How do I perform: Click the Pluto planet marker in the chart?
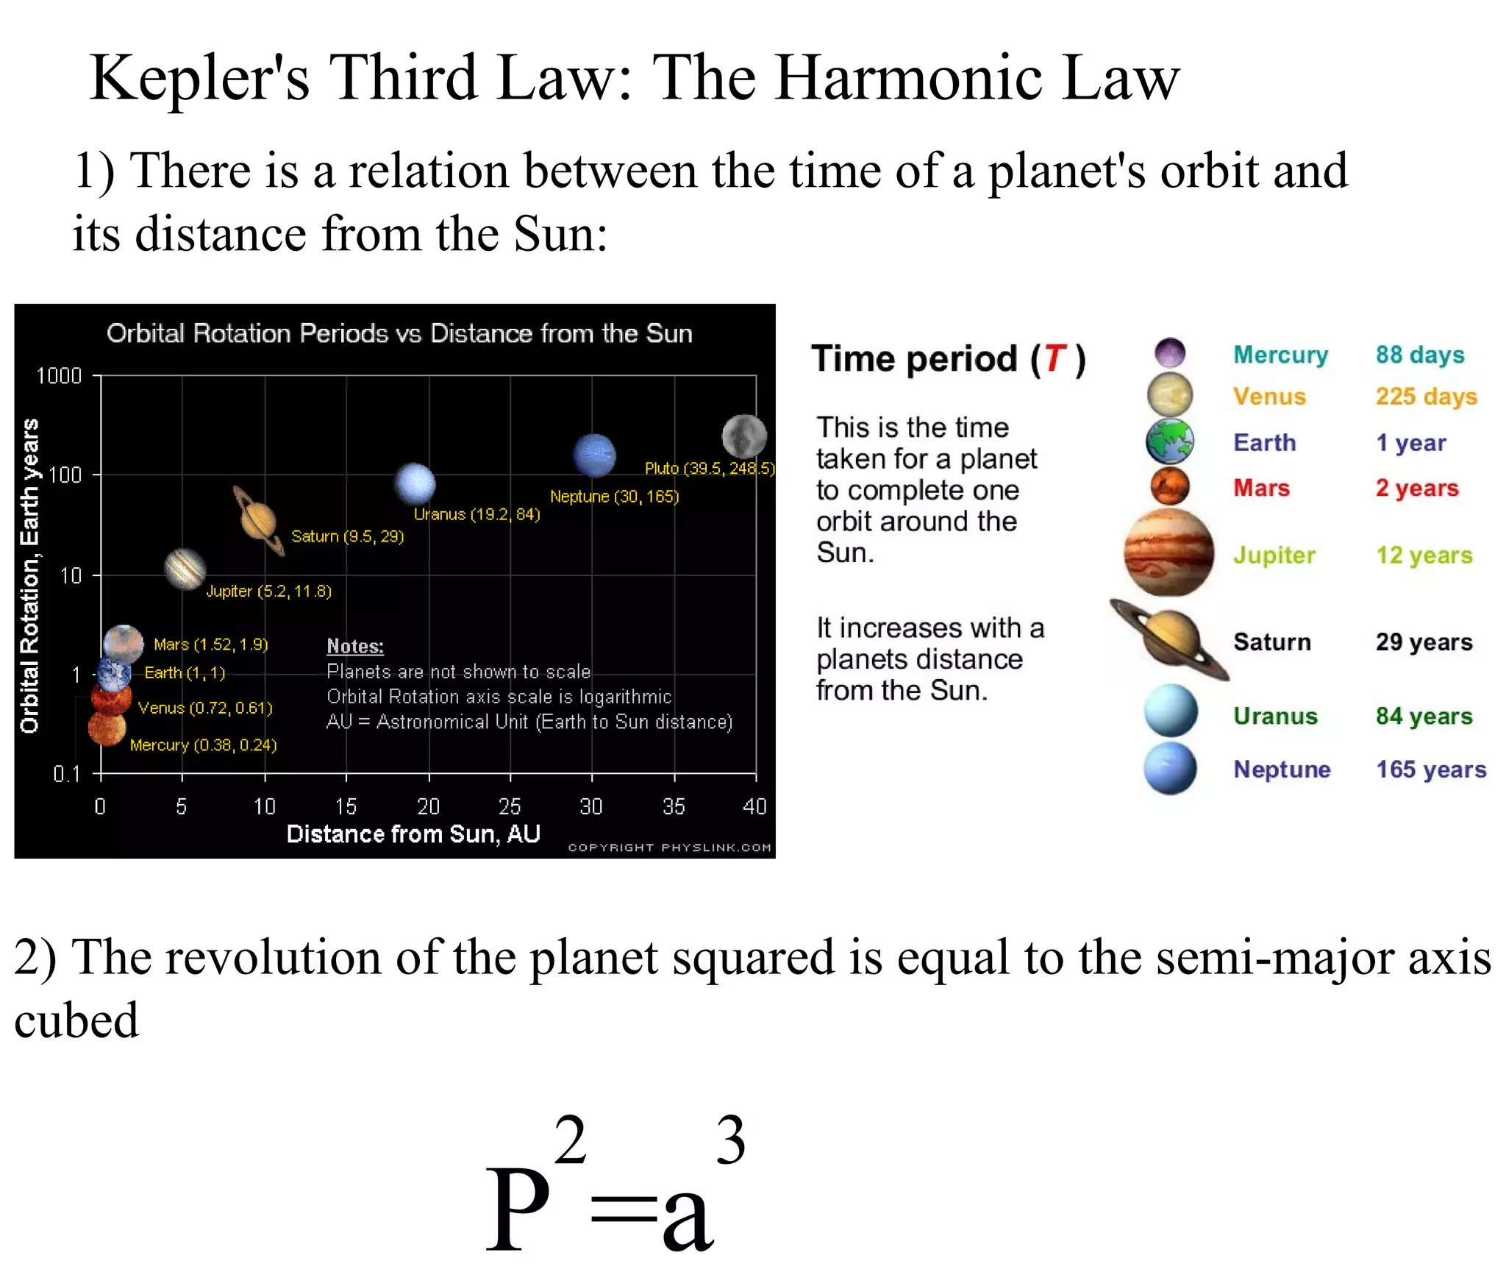click(744, 436)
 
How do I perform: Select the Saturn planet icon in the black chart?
click(258, 521)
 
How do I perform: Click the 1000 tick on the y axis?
click(59, 376)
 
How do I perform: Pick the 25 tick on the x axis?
click(510, 807)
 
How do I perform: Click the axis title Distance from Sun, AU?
click(413, 834)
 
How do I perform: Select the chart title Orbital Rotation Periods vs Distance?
click(399, 334)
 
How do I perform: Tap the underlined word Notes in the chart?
click(355, 647)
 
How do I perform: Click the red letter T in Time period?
click(1055, 359)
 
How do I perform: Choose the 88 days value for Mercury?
click(1420, 355)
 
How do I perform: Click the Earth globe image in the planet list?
click(1169, 441)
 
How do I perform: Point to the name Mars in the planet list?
click(1261, 489)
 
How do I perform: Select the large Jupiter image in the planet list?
click(1168, 553)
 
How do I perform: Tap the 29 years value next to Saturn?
click(1424, 642)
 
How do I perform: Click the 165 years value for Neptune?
click(1431, 770)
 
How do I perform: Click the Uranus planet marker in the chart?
click(415, 484)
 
